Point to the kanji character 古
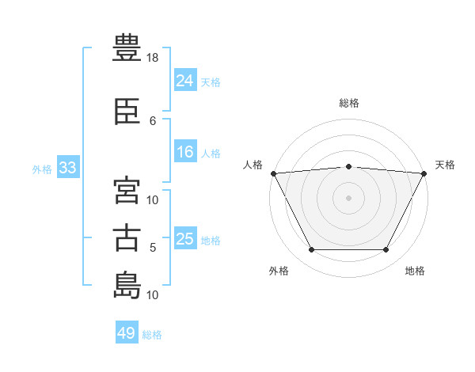(x=127, y=237)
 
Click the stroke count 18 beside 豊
(x=154, y=58)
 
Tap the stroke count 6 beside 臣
(x=153, y=120)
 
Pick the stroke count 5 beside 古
(x=153, y=248)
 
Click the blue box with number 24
(x=184, y=81)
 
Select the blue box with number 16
(x=184, y=153)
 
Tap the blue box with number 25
(x=184, y=239)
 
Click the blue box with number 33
(x=67, y=168)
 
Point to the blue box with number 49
(x=126, y=334)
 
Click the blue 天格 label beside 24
(x=211, y=82)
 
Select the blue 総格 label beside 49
(x=152, y=336)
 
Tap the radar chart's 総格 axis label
(x=349, y=103)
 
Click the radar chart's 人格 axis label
(x=253, y=165)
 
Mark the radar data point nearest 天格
(x=424, y=173)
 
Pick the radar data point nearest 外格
(x=311, y=250)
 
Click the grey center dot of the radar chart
(x=349, y=197)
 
